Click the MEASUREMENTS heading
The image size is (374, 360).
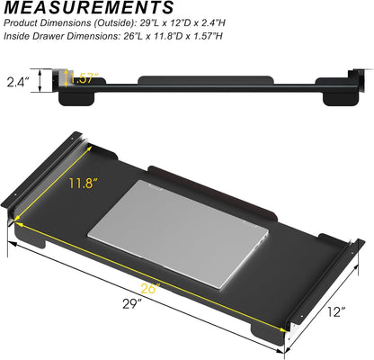coord(89,8)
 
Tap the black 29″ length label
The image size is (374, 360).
coord(132,304)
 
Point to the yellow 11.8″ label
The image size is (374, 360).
coord(84,183)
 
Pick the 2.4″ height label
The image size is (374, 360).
coord(19,82)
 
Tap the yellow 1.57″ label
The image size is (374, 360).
coord(84,78)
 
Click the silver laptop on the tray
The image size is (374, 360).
coord(178,234)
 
